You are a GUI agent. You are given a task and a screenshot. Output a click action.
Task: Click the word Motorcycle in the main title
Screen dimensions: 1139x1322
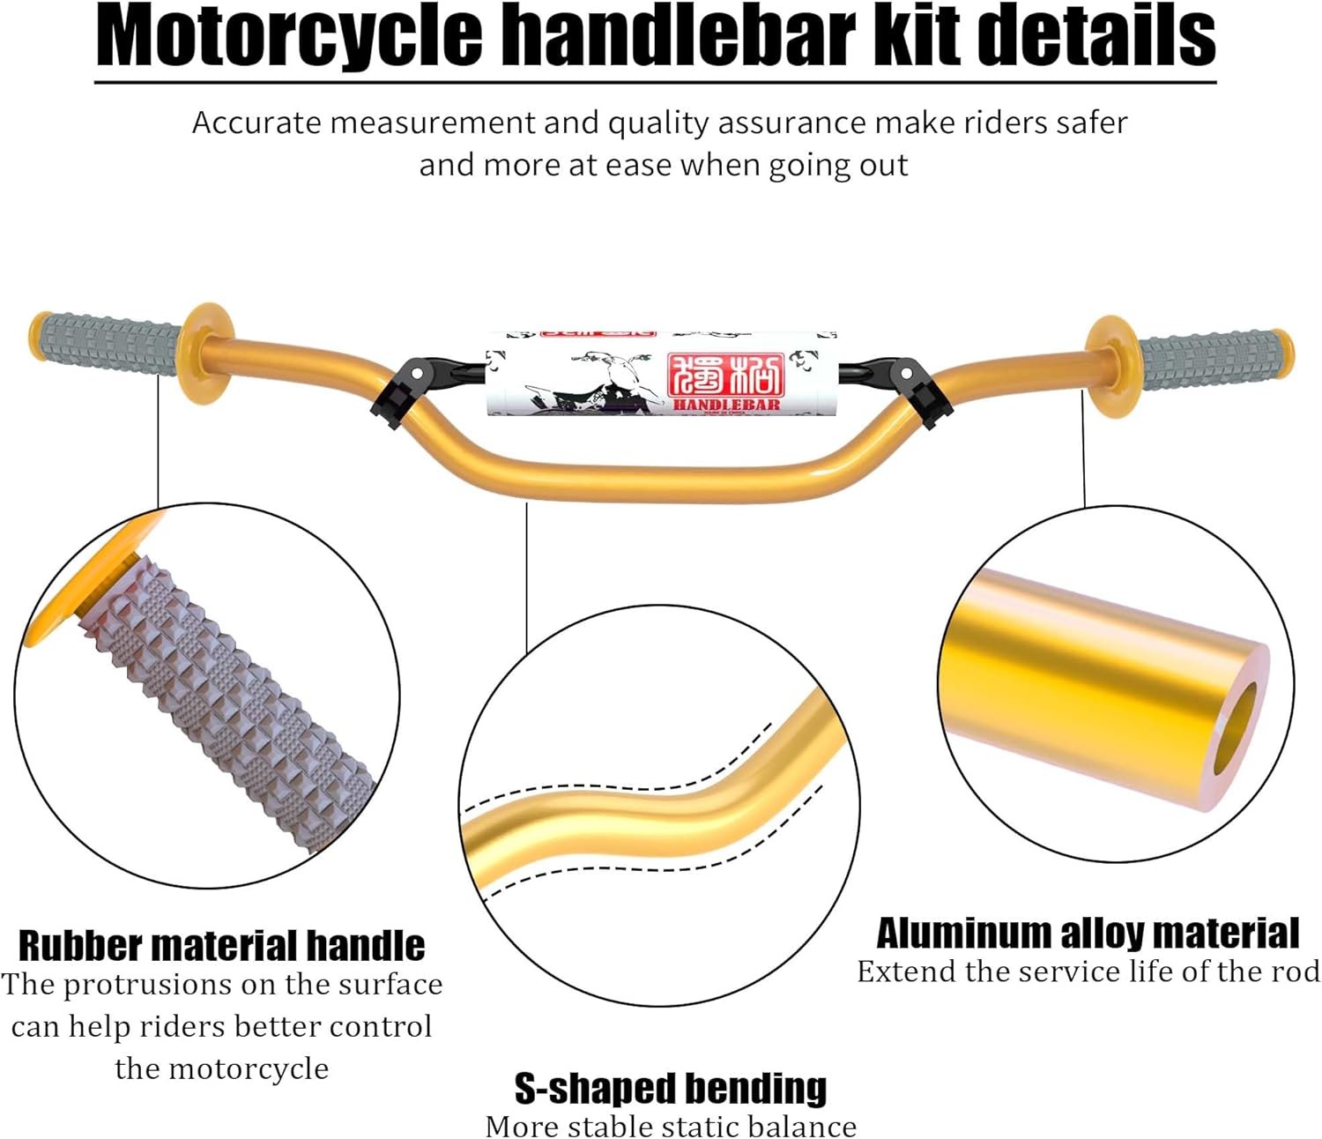(289, 37)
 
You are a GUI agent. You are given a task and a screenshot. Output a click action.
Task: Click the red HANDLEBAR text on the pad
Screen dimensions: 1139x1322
(726, 405)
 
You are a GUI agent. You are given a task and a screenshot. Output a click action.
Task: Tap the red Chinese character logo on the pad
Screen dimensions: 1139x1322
(725, 375)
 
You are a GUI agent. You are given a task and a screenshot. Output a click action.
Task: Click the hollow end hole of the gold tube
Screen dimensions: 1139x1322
(1236, 728)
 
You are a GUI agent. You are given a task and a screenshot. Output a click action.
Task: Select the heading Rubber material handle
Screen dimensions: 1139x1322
(221, 946)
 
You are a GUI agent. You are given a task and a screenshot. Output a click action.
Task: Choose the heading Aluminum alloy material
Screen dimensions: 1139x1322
(1087, 933)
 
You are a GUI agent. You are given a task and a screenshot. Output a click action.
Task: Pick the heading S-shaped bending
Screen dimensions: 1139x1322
(671, 1089)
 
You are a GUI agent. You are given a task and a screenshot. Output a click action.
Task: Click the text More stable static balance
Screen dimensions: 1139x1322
(671, 1127)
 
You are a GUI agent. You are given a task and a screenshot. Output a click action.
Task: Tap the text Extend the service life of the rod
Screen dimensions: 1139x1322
(1088, 971)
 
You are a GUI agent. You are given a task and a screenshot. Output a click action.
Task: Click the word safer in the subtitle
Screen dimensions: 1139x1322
(1092, 123)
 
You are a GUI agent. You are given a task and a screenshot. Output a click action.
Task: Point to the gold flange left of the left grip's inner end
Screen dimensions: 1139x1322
(206, 353)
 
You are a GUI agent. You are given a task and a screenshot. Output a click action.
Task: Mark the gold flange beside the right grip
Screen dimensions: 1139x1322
(1110, 366)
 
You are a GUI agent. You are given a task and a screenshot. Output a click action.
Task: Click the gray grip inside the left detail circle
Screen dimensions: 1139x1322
(229, 705)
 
